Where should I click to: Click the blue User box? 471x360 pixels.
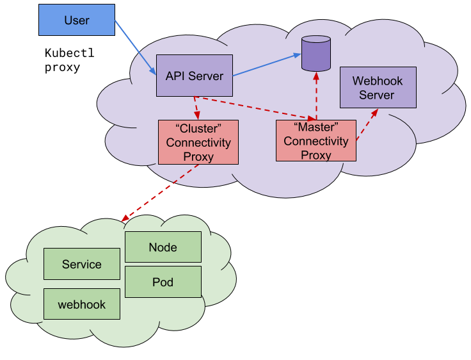(x=77, y=20)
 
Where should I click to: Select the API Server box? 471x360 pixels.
(x=195, y=76)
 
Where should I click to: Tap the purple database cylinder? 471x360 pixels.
(x=316, y=54)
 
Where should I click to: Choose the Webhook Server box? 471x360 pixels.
(x=377, y=88)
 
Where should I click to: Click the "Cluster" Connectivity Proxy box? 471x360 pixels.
(x=198, y=141)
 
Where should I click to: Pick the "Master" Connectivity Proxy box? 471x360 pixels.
(x=316, y=140)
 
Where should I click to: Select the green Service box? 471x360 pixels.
(x=82, y=264)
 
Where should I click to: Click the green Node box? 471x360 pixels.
(x=163, y=247)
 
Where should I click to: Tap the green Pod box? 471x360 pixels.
(x=163, y=282)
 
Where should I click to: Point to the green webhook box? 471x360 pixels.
(x=82, y=304)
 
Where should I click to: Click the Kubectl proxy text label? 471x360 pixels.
(x=69, y=60)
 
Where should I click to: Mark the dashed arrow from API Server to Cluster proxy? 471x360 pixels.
(x=196, y=108)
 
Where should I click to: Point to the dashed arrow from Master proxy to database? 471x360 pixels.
(x=316, y=95)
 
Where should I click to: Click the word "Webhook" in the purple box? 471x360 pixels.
(x=377, y=81)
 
